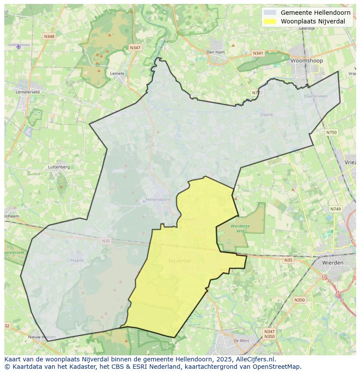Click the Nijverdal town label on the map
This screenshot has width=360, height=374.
pyautogui.click(x=180, y=261)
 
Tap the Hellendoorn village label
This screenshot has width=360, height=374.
pyautogui.click(x=158, y=200)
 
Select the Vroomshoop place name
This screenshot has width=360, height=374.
pyautogui.click(x=307, y=61)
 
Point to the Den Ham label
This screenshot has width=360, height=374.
pyautogui.click(x=215, y=52)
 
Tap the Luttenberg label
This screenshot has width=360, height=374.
pyautogui.click(x=59, y=167)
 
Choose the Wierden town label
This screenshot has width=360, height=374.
pyautogui.click(x=333, y=263)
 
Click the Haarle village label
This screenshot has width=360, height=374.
pyautogui.click(x=77, y=261)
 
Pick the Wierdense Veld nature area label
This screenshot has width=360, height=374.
pyautogui.click(x=240, y=228)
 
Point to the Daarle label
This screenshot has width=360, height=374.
pyautogui.click(x=267, y=115)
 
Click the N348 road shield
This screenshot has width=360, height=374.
pyautogui.click(x=49, y=36)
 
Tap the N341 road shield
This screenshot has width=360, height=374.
pyautogui.click(x=258, y=53)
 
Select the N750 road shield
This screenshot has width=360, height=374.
pyautogui.click(x=331, y=132)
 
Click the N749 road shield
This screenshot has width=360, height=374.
pyautogui.click(x=335, y=209)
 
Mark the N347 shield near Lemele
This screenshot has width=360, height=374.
pyautogui.click(x=135, y=47)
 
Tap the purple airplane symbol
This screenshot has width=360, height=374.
pyautogui.click(x=18, y=46)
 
